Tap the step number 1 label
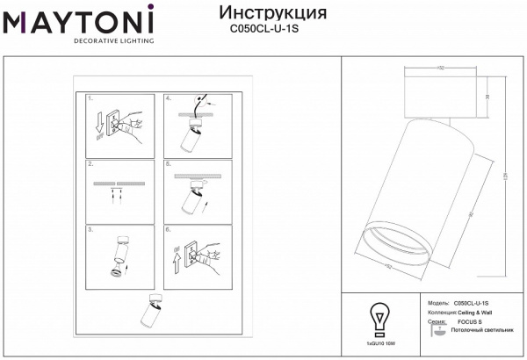91,99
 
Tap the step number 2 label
91,164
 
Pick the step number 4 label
169,99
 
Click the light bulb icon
378,316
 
